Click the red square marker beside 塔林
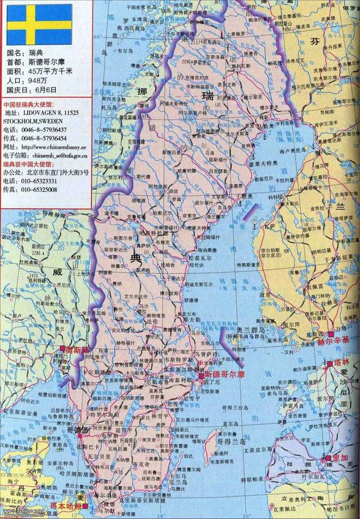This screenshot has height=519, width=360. (x=329, y=365)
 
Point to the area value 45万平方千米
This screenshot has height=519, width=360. (x=51, y=71)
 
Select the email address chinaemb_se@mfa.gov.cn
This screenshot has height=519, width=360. (x=60, y=155)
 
